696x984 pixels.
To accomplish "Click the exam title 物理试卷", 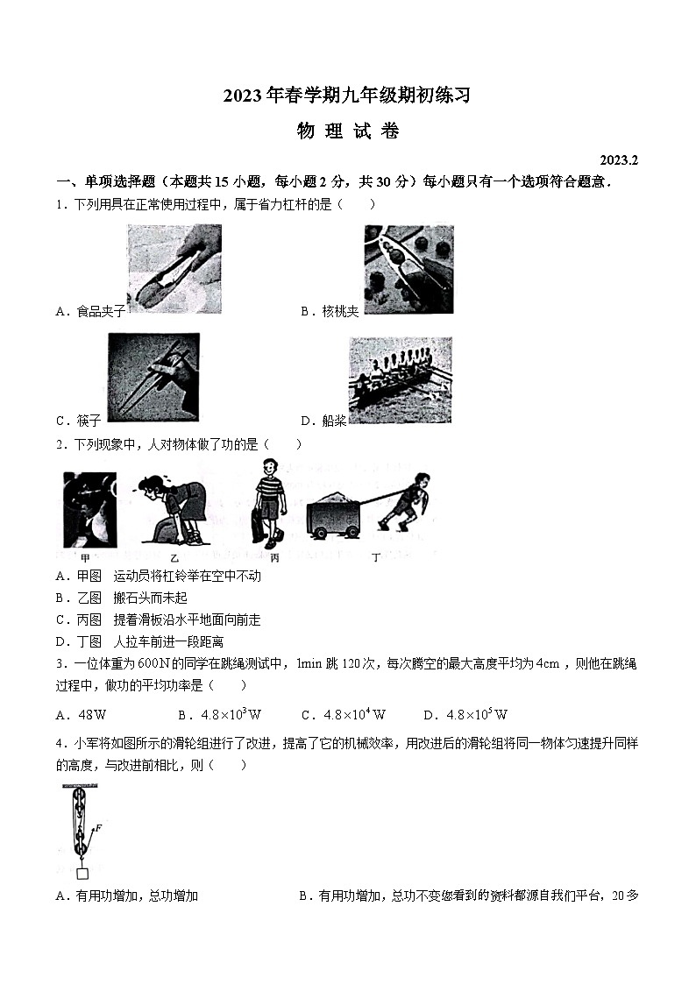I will pyautogui.click(x=348, y=131).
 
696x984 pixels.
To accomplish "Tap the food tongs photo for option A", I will pyautogui.click(x=174, y=269).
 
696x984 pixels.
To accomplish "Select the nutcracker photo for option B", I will pyautogui.click(x=408, y=269).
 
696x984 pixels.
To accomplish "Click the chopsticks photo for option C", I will pyautogui.click(x=153, y=376).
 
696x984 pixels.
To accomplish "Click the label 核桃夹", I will pyautogui.click(x=340, y=312).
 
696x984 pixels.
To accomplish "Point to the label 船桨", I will pyautogui.click(x=334, y=421).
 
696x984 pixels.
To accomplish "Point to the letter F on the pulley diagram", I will pyautogui.click(x=97, y=826).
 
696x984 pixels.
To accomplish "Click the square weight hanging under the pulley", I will pyautogui.click(x=82, y=872).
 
